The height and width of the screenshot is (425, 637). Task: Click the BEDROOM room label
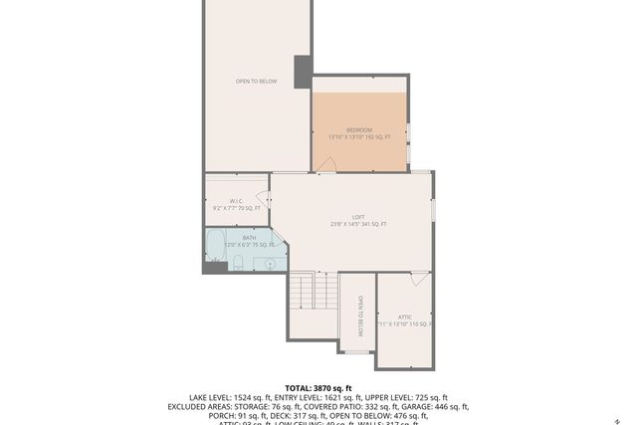click(359, 130)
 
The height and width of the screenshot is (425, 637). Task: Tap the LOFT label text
click(358, 217)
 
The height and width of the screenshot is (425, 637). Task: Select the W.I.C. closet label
click(237, 201)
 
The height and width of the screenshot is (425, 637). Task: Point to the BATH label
click(249, 238)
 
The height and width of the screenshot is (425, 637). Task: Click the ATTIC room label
click(405, 317)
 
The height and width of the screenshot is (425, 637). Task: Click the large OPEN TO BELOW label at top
click(256, 82)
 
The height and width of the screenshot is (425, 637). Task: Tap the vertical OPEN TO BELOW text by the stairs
click(360, 317)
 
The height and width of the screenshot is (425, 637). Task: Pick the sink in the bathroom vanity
click(269, 264)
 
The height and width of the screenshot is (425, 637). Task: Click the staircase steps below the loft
click(314, 290)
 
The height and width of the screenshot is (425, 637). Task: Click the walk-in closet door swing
click(263, 196)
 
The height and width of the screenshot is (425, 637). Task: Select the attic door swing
click(419, 280)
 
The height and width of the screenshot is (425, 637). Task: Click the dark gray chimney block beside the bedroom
click(303, 71)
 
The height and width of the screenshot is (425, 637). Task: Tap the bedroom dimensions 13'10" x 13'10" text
click(359, 137)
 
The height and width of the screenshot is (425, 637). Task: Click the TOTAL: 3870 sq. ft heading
click(318, 387)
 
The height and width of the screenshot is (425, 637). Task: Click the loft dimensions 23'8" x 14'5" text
click(358, 225)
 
